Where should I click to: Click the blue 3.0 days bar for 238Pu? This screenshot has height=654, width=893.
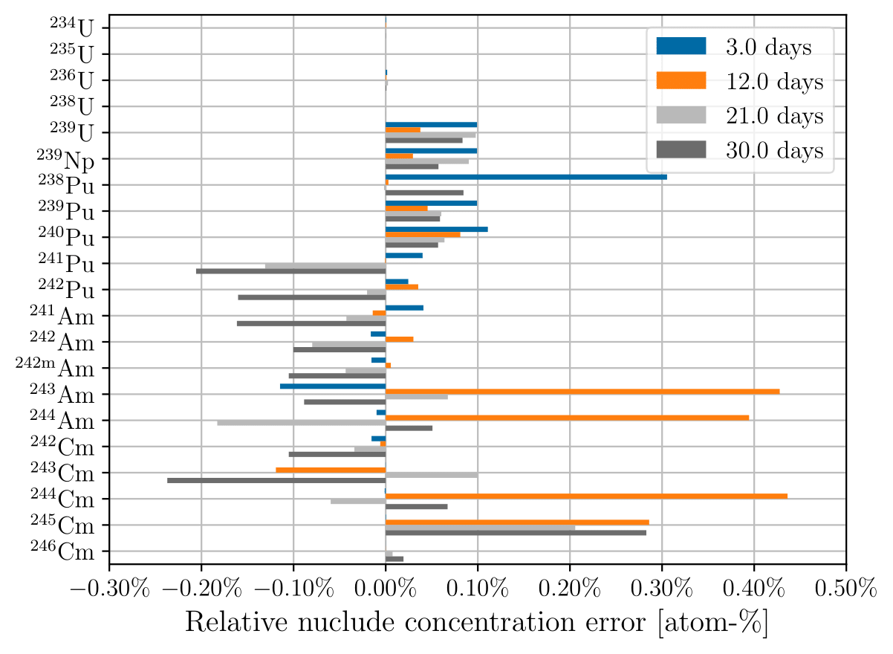[526, 177]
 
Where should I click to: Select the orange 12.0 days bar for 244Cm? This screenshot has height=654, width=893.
[586, 496]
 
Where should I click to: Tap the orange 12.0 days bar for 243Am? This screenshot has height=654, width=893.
[582, 391]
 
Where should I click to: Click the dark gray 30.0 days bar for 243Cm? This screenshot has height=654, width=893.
[276, 480]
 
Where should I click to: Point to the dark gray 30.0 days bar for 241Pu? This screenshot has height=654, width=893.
[290, 271]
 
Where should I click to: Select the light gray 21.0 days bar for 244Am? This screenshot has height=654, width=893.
[301, 423]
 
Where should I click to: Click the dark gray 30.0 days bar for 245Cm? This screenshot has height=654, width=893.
[516, 532]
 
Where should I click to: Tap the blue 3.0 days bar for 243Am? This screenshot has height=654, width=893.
[333, 386]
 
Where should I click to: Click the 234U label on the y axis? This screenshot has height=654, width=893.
[71, 28]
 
